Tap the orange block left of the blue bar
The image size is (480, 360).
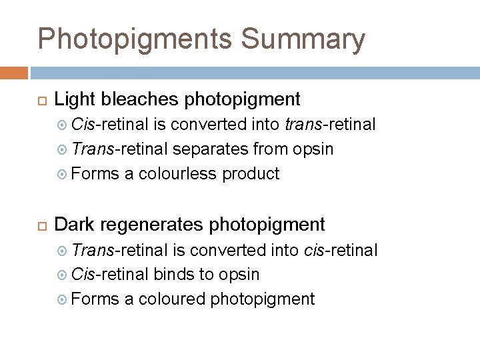click(14, 73)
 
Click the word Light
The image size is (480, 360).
click(71, 100)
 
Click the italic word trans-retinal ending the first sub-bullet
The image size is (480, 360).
click(329, 124)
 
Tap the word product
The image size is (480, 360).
click(251, 174)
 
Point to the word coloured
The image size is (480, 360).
click(171, 299)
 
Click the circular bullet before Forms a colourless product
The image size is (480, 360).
click(62, 174)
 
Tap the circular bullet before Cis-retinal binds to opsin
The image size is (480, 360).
click(62, 274)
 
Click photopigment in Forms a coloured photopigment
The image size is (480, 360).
click(262, 299)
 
